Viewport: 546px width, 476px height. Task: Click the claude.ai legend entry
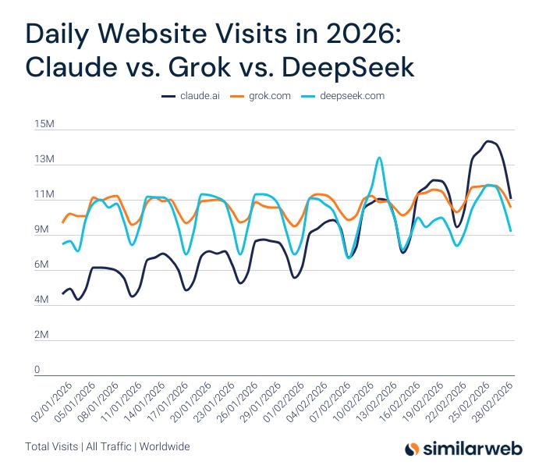200,96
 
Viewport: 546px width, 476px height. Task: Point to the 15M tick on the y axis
43,125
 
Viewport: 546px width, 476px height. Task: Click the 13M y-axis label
43,160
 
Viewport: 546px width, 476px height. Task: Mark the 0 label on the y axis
37,370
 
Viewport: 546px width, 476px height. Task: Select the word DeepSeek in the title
356,67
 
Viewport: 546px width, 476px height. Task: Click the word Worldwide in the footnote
165,447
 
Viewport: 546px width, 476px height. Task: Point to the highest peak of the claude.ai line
488,141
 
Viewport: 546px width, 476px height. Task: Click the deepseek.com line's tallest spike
379,158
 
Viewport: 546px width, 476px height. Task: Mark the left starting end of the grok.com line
63,222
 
